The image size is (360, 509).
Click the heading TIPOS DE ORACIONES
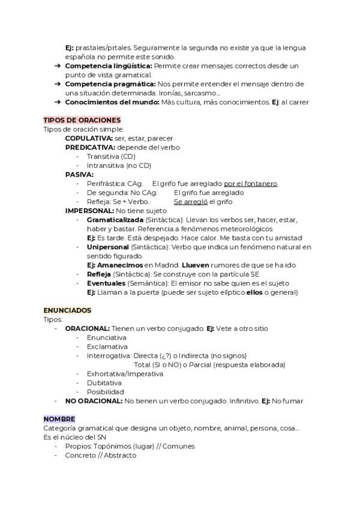point(82,120)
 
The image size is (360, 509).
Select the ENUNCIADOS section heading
point(67,310)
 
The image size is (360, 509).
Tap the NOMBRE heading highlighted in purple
point(59,419)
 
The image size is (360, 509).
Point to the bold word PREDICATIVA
point(90,147)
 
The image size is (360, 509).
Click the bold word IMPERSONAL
point(89,211)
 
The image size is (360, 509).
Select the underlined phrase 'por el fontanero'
point(250,184)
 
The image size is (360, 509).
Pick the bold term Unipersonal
point(107,247)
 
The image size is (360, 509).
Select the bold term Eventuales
point(106,283)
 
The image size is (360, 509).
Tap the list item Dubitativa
point(104,382)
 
